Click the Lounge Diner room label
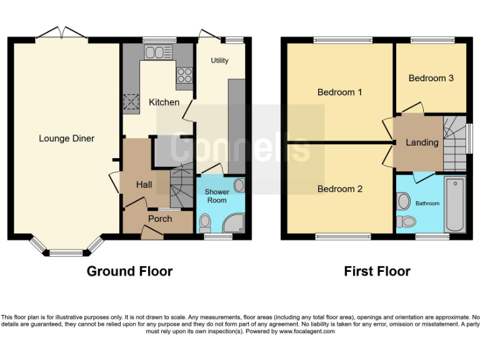tap(66, 138)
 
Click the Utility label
tap(219, 61)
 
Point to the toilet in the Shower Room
tap(205, 222)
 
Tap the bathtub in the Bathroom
tap(454, 204)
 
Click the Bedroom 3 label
tap(431, 78)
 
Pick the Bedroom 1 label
tap(339, 92)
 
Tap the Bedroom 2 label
tap(339, 189)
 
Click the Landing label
tap(422, 142)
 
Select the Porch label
tap(159, 219)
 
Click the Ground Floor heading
tap(129, 271)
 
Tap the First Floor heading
tap(377, 271)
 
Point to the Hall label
tap(144, 184)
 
